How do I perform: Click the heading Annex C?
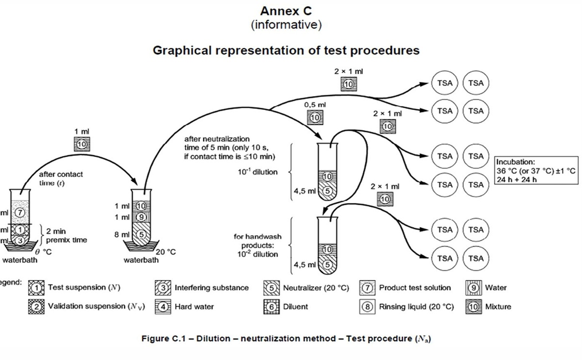coord(286,11)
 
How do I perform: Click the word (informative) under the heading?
coord(286,24)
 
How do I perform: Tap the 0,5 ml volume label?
coord(315,104)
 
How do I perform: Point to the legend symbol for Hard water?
coord(163,307)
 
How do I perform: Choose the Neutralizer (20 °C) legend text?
coord(316,288)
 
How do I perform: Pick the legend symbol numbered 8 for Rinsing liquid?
coord(367,307)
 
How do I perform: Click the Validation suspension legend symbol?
coord(35,307)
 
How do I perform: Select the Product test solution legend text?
coord(415,288)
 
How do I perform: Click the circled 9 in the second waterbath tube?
coord(141,217)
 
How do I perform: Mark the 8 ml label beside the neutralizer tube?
coord(120,234)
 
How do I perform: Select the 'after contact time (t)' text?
coord(61,179)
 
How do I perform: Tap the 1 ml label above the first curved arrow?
coord(81,131)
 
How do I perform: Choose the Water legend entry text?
coord(496,288)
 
